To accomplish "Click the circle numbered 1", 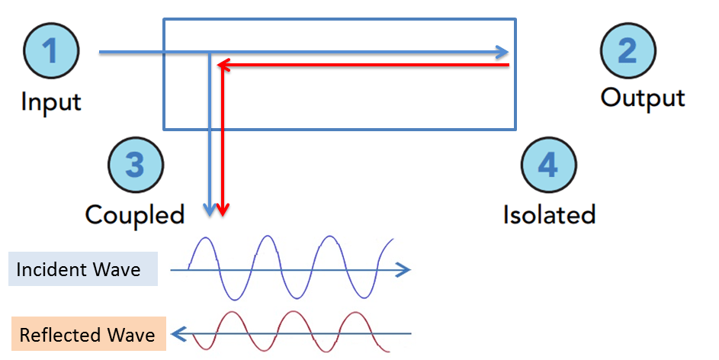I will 50,52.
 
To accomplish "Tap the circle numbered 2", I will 627,52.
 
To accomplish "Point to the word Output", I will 643,98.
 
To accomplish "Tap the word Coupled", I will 135,214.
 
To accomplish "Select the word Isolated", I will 549,214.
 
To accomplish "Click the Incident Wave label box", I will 82,269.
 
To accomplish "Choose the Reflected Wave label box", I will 86,335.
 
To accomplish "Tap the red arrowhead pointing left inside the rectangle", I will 222,66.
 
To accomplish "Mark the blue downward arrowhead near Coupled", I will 209,209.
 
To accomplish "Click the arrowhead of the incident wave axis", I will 405,269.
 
